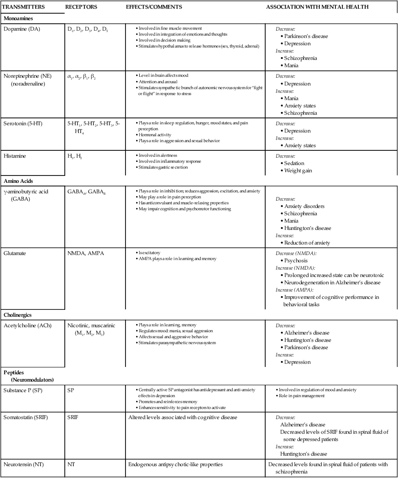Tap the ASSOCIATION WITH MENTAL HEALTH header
(x=317, y=7)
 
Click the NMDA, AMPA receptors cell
(x=85, y=253)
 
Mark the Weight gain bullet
(x=298, y=170)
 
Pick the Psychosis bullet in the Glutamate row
(x=296, y=260)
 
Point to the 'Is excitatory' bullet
(x=151, y=253)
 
